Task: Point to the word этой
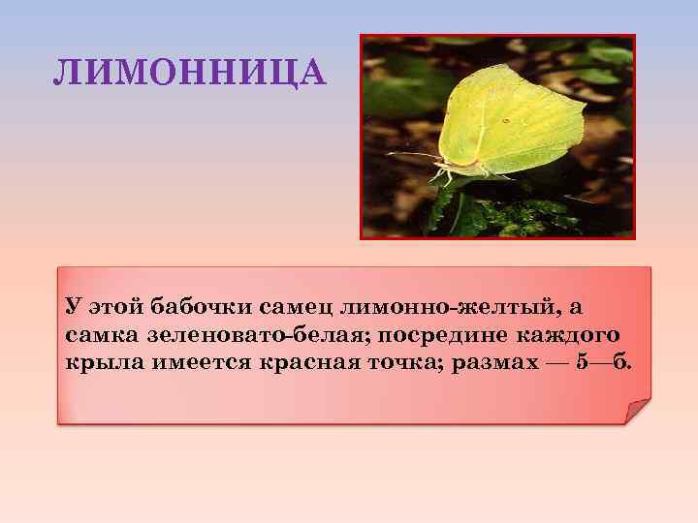pyautogui.click(x=113, y=308)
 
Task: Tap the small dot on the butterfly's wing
pyautogui.click(x=505, y=120)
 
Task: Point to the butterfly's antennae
pyautogui.click(x=412, y=155)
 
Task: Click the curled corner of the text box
pyautogui.click(x=637, y=411)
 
